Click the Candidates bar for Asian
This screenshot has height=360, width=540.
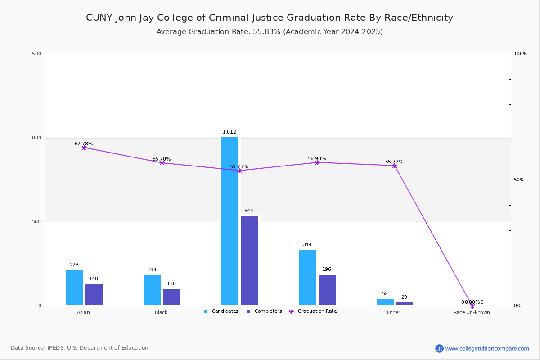75,288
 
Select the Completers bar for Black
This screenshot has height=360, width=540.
172,297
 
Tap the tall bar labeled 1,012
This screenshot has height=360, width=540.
230,221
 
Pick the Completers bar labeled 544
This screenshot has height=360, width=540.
249,261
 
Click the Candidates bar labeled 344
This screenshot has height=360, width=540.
308,277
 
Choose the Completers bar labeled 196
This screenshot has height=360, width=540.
327,290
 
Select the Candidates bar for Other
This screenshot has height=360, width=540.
385,302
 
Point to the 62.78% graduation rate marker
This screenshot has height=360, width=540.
84,148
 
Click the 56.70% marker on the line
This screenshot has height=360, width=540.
162,163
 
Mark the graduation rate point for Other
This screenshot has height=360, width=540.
395,166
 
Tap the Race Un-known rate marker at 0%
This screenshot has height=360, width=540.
472,306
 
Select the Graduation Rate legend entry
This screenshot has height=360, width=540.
317,311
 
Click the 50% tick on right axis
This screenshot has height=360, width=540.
519,180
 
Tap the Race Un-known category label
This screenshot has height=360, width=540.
472,312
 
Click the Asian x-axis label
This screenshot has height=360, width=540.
83,312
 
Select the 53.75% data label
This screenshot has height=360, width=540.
239,166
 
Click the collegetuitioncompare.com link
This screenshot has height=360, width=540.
487,348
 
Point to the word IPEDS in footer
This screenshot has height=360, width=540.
57,348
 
